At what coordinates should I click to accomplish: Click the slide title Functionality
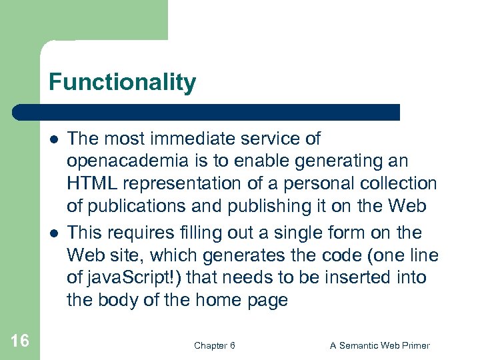[x=122, y=83]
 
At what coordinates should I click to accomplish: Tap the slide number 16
[x=20, y=341]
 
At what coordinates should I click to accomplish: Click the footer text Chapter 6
[x=214, y=345]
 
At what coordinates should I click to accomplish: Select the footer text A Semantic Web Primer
[x=380, y=345]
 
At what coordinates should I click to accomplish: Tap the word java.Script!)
[x=134, y=277]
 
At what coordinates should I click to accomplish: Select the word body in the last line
[x=121, y=300]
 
